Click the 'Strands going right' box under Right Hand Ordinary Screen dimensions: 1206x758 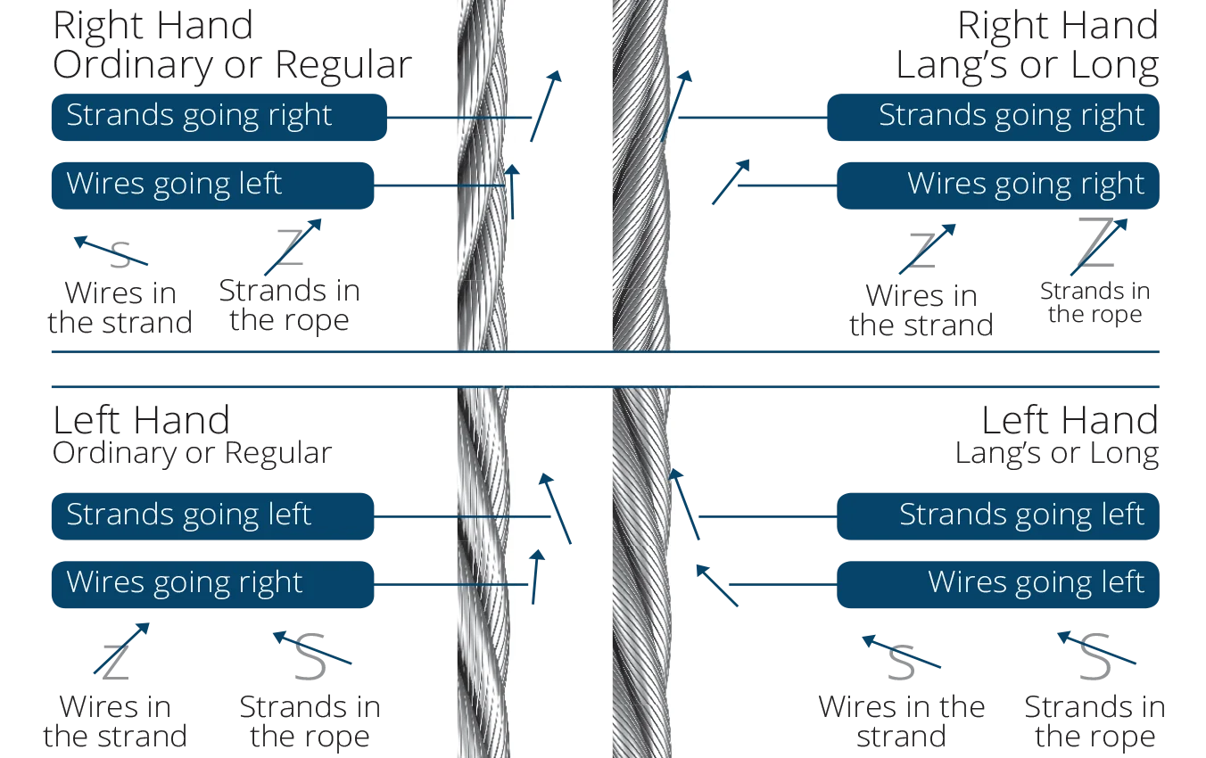coord(219,118)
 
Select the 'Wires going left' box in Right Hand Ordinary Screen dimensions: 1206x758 coord(212,185)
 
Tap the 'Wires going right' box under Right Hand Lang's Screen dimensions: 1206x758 coord(998,185)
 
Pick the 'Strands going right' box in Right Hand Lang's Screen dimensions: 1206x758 coord(994,118)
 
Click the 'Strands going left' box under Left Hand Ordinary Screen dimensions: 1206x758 coord(212,516)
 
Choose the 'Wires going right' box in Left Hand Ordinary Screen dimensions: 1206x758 coord(212,585)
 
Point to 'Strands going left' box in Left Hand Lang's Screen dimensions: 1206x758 coord(998,516)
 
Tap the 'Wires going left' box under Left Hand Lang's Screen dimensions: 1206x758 coord(998,585)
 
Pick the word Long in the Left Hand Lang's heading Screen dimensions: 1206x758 coord(1125,454)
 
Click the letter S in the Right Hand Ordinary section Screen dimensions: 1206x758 coord(120,255)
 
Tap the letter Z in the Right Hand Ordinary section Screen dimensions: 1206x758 coord(290,246)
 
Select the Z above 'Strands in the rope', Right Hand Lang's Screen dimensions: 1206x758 coord(1096,243)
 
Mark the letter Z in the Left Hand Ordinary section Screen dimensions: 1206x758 coord(116,663)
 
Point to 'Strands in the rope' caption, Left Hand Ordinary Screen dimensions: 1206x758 coord(310,721)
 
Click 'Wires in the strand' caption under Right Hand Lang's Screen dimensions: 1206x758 coord(921,310)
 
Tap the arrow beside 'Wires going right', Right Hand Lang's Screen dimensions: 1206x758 coord(731,182)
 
